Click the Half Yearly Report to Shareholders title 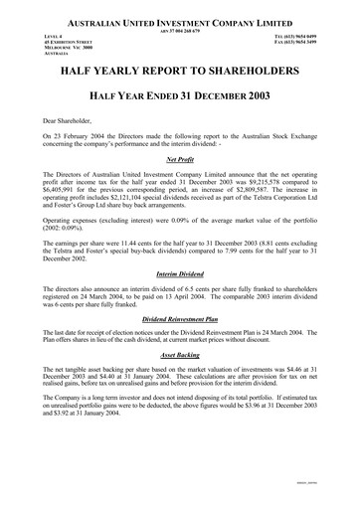(x=180, y=74)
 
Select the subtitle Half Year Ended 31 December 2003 (x=180, y=95)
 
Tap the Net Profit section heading (x=180, y=159)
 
